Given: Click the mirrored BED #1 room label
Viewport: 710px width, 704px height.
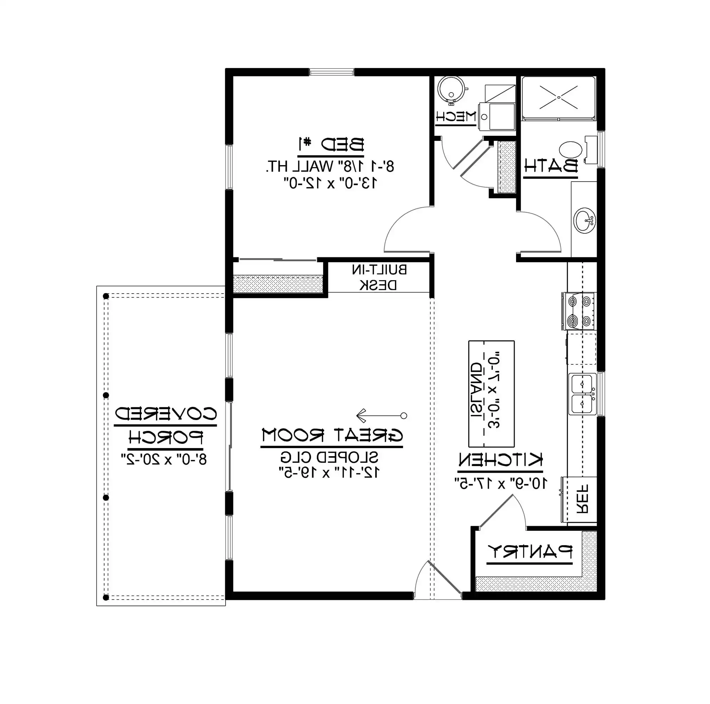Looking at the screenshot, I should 331,144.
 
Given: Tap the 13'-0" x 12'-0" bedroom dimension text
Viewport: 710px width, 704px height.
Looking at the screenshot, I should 331,183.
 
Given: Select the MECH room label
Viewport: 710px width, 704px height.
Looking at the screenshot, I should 456,117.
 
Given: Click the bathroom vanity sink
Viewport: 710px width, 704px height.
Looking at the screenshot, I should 584,221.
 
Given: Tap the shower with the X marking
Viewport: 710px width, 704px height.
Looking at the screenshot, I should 558,98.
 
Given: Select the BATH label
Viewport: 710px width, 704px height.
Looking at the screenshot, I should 550,166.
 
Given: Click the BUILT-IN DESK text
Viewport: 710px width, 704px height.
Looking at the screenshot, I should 379,277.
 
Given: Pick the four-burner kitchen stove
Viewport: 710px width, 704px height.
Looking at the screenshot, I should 579,311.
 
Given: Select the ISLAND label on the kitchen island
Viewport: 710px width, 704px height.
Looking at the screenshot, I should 477,390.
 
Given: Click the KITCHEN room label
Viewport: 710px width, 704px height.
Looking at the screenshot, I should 500,460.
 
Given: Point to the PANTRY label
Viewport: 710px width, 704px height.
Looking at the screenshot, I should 529,552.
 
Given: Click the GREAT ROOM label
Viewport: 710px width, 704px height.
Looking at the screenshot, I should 332,435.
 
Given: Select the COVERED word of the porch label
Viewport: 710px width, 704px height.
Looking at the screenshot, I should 165,414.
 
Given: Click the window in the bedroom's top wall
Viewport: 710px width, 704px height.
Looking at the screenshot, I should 332,72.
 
